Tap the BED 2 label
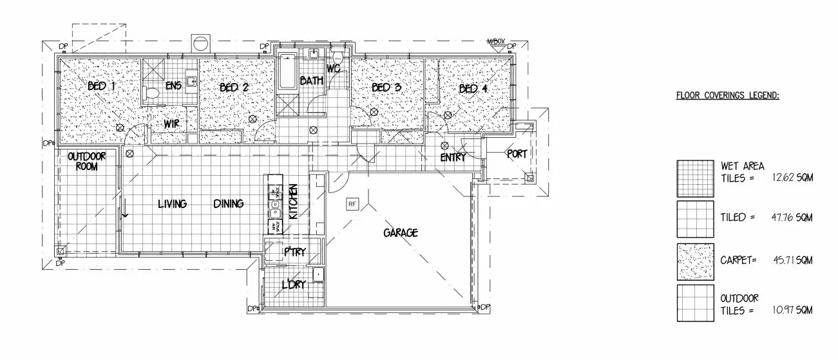tap(234, 88)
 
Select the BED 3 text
tap(386, 88)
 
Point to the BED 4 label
tap(473, 89)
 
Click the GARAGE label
tap(401, 232)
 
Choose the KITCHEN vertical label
tap(293, 202)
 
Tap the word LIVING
tap(173, 204)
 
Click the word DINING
tap(229, 204)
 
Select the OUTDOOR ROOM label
tap(87, 161)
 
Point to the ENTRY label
tap(453, 158)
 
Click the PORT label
tap(517, 154)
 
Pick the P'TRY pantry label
tap(294, 252)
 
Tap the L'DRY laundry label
tap(293, 285)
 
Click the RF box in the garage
tap(352, 204)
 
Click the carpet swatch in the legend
tap(695, 261)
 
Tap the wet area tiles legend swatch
tap(695, 178)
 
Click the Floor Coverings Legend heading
tap(727, 96)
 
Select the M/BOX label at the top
tap(495, 42)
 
